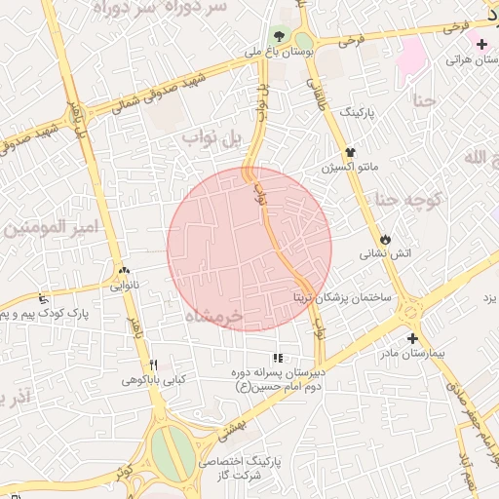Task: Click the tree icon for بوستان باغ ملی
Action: (x=281, y=36)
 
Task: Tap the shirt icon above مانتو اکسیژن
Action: (x=351, y=152)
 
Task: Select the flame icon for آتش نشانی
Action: (x=386, y=238)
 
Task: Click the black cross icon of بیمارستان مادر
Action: (x=413, y=338)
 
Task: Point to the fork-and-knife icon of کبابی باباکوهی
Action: (x=153, y=364)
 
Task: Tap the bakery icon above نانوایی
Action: (x=123, y=272)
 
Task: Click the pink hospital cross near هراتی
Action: (x=481, y=44)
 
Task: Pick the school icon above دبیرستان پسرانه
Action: (x=278, y=358)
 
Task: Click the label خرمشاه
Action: (x=219, y=318)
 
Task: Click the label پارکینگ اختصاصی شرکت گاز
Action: (x=240, y=467)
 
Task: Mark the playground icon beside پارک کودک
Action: (x=41, y=298)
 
